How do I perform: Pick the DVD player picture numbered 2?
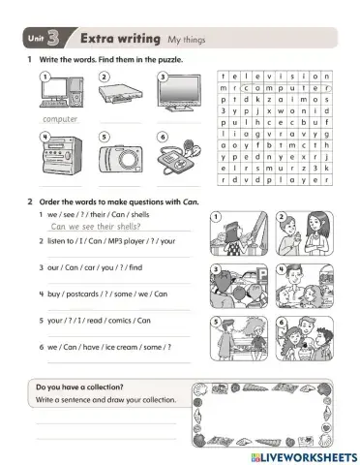[x=118, y=94]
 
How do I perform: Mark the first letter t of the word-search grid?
[x=225, y=75]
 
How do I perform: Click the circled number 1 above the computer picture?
[x=45, y=75]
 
